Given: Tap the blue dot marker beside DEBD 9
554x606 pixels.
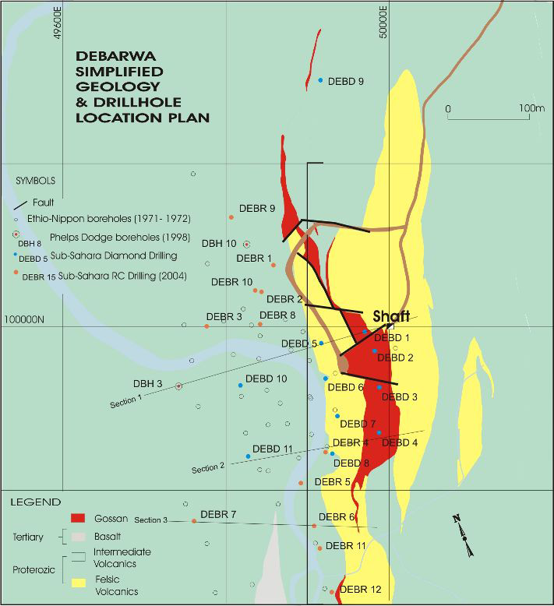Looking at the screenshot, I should pyautogui.click(x=320, y=80).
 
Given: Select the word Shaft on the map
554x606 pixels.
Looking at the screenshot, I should pyautogui.click(x=391, y=318).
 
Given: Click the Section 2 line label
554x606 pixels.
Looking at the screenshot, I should pyautogui.click(x=207, y=468).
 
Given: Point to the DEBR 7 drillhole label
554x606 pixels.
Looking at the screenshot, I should pyautogui.click(x=218, y=514).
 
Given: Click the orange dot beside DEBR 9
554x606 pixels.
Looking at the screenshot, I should pyautogui.click(x=231, y=217).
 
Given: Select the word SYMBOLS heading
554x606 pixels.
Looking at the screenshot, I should pyautogui.click(x=36, y=180).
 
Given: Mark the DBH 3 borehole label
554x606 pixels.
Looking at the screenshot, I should pyautogui.click(x=148, y=383).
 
